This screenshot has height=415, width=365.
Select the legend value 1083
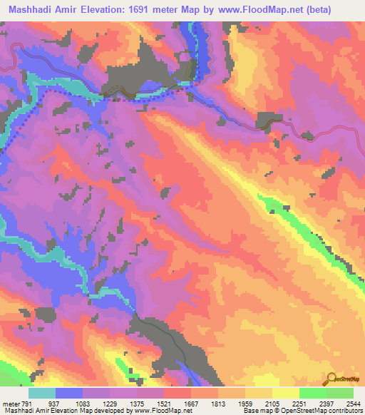pyautogui.click(x=86, y=402)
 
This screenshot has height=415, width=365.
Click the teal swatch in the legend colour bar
pyautogui.click(x=42, y=393)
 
